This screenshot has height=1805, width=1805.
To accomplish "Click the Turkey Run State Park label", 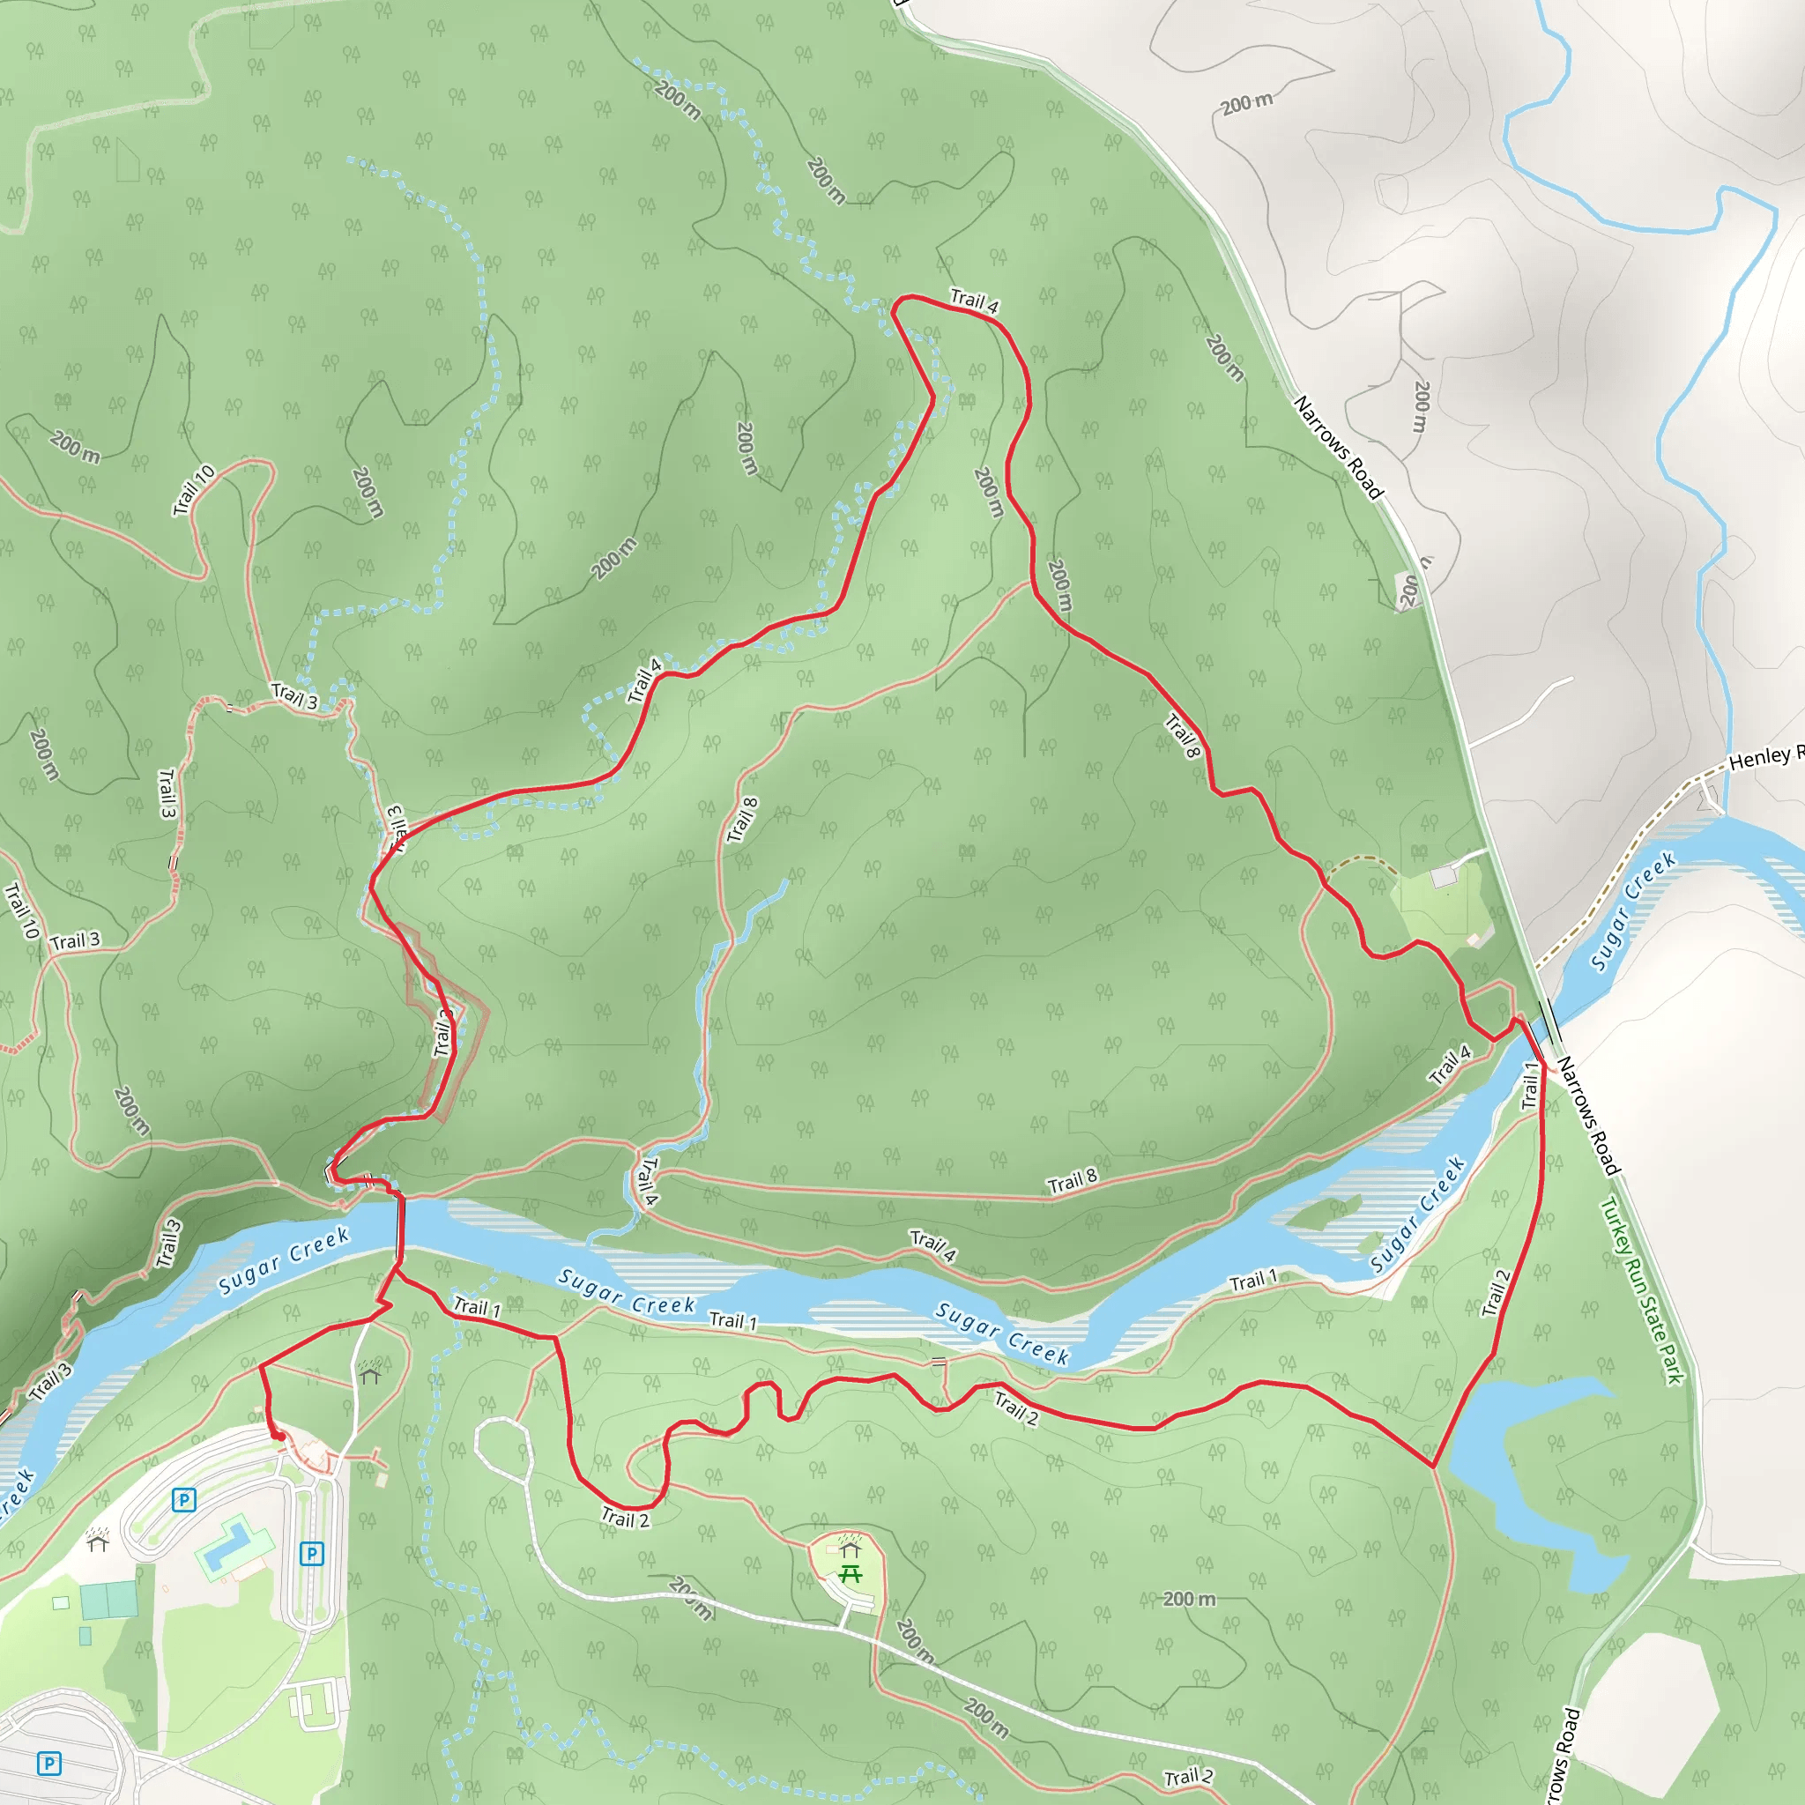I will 1641,1291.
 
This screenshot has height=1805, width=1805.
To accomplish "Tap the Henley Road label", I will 1764,757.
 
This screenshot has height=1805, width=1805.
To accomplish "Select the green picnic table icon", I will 850,1574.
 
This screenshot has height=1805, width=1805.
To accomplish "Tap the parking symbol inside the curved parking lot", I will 184,1500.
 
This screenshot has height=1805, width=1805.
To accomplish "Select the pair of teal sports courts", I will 108,1601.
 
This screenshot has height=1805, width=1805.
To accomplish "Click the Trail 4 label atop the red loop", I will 975,301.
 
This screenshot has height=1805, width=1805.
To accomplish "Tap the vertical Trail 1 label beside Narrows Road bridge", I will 1530,1086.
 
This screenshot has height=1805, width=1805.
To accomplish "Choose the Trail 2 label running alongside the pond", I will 1496,1293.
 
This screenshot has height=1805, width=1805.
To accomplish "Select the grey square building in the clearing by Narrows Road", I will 1444,876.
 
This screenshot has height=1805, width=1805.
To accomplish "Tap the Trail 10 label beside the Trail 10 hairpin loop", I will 194,489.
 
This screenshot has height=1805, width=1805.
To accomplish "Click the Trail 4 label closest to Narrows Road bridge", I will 1450,1065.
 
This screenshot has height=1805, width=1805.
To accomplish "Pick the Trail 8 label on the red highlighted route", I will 1182,735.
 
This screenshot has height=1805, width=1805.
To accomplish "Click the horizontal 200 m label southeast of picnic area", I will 1189,1600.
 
